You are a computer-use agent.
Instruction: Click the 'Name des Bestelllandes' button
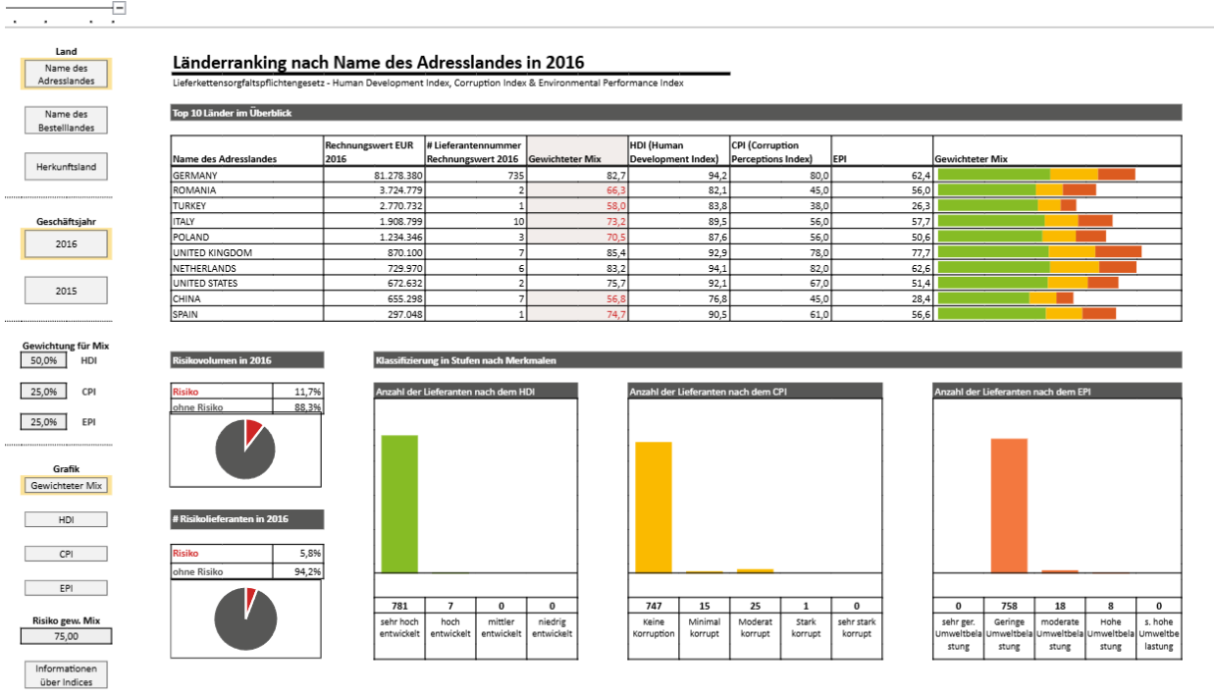[x=66, y=121]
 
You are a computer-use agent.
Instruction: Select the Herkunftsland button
[x=66, y=166]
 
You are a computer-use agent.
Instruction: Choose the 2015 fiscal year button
[x=66, y=291]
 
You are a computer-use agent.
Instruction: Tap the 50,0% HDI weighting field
[x=43, y=360]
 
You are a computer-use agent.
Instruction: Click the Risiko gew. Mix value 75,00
[x=66, y=636]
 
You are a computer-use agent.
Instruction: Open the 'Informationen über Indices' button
[x=66, y=674]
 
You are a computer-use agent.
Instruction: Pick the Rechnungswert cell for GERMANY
[x=373, y=175]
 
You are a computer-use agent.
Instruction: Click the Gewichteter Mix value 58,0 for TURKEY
[x=577, y=205]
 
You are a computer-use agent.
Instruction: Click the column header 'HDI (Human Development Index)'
[x=673, y=152]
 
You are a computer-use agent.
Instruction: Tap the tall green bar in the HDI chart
[x=399, y=504]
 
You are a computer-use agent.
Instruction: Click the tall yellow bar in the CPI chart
[x=653, y=508]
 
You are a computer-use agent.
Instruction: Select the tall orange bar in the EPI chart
[x=1009, y=506]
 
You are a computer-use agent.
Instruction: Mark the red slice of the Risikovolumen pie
[x=252, y=430]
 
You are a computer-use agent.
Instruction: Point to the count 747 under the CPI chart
[x=653, y=606]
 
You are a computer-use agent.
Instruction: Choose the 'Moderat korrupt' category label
[x=755, y=627]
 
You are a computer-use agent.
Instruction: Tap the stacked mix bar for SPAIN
[x=1027, y=314]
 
